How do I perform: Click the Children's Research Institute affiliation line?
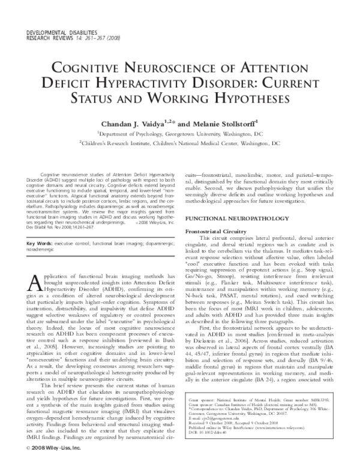pos(181,144)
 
